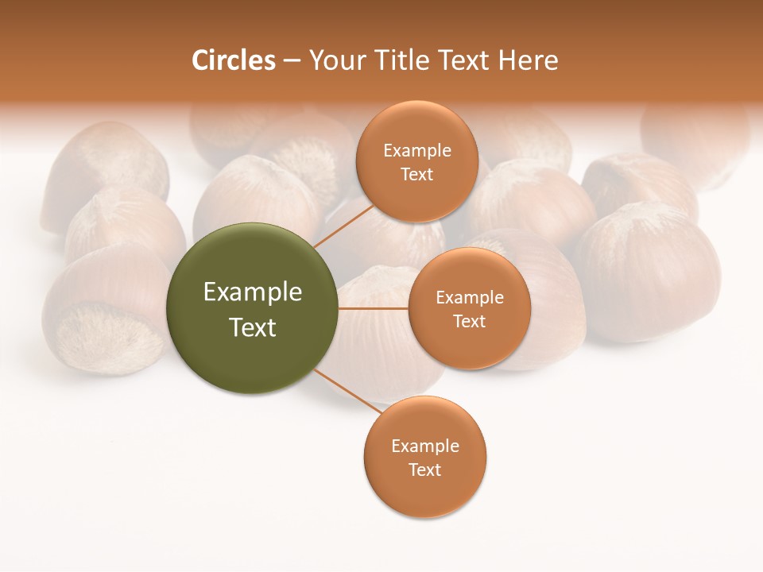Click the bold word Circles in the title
(x=234, y=60)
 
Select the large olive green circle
(x=252, y=308)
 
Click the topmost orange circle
(x=416, y=161)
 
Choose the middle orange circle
(x=469, y=308)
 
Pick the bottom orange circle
(x=424, y=457)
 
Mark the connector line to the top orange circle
(x=343, y=225)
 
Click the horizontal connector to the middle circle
(x=373, y=308)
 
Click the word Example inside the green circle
(x=252, y=292)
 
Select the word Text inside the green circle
(x=252, y=327)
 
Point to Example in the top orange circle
(x=416, y=151)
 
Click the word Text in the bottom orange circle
(x=424, y=470)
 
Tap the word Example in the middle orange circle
(x=469, y=298)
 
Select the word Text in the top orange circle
(x=416, y=174)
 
